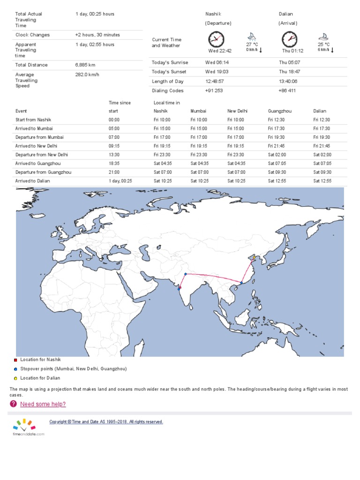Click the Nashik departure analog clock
216,39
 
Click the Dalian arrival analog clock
289,39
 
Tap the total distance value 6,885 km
85,65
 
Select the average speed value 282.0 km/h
87,75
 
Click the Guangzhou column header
279,111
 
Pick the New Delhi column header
237,111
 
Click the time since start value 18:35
114,164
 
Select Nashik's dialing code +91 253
214,91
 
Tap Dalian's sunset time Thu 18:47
289,72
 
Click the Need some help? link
43,404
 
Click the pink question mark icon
13,404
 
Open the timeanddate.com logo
28,427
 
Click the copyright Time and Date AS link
106,422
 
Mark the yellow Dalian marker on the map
255,257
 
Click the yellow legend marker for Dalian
15,378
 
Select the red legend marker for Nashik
15,360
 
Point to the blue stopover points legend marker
15,369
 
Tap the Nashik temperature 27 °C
252,45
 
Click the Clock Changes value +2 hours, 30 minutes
97,35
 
